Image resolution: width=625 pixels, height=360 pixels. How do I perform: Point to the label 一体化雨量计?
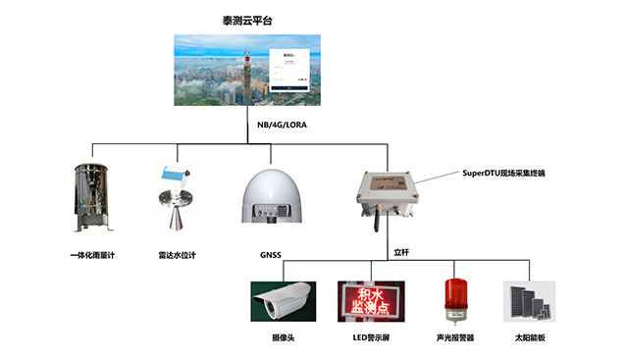point(93,256)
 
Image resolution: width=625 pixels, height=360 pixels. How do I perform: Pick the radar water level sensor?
point(178,201)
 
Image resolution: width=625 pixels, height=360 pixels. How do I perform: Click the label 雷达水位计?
point(178,256)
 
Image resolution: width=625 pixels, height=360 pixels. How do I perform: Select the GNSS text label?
point(271,256)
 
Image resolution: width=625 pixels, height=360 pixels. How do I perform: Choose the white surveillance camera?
point(283,300)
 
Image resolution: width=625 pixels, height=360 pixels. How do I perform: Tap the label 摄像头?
point(283,336)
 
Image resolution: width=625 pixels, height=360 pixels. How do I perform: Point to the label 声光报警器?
point(454,336)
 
